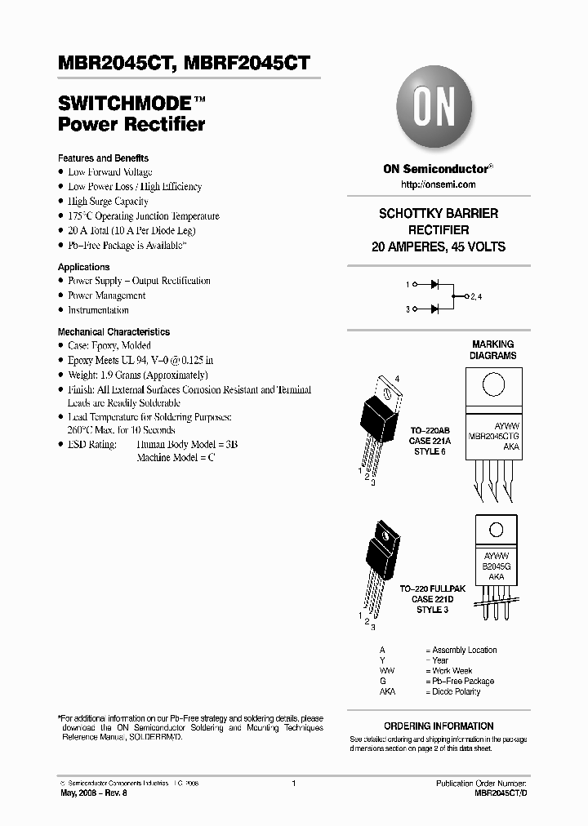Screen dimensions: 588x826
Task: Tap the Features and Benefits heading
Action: (x=103, y=158)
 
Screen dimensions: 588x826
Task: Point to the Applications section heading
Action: (x=83, y=267)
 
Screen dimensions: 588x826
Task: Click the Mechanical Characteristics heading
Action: (x=114, y=332)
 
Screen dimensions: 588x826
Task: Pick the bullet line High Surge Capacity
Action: (x=108, y=202)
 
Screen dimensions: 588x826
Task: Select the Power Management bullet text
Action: (x=107, y=295)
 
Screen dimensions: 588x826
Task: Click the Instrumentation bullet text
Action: (x=98, y=310)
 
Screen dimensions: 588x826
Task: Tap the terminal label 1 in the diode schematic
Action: (x=407, y=284)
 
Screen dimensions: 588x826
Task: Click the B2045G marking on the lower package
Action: (x=496, y=565)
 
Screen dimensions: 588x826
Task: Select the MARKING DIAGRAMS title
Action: (x=492, y=350)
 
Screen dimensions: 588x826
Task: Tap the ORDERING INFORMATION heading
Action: (x=439, y=726)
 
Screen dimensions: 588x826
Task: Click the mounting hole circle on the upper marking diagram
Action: (x=492, y=384)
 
